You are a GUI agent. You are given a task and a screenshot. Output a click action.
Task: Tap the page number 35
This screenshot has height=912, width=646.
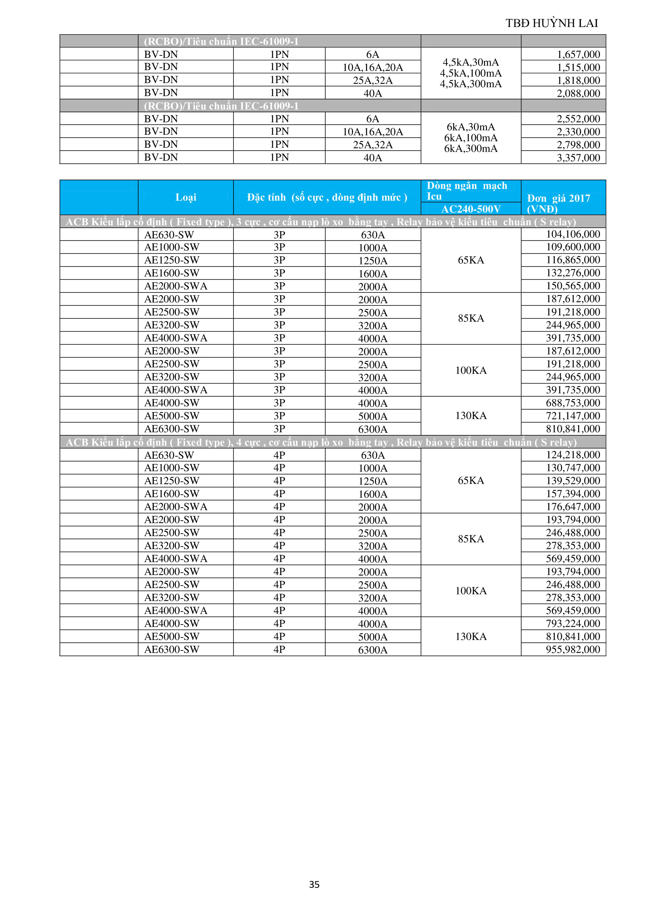coord(314,884)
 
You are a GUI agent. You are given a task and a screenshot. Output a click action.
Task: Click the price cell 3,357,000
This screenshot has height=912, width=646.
coord(578,158)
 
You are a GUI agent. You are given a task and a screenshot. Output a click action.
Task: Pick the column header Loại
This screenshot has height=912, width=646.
coord(186,198)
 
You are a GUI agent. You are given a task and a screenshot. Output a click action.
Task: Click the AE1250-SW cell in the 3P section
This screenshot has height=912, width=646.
coord(172,260)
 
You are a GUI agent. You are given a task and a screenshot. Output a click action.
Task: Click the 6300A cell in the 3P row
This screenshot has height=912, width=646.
coord(373,429)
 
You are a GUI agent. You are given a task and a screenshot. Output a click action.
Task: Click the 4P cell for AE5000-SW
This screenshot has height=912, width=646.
coord(279,636)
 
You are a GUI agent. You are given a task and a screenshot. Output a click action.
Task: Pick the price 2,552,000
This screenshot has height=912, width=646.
coord(578,119)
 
